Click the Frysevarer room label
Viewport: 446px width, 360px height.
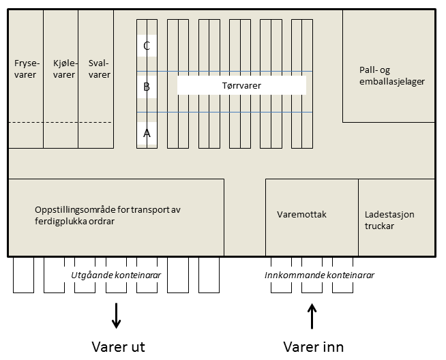tap(25, 69)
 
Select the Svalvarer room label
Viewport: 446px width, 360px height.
tap(99, 69)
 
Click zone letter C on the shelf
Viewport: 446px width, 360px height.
tap(147, 46)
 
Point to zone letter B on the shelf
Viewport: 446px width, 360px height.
tap(147, 87)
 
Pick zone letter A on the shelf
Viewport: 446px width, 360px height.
tap(147, 134)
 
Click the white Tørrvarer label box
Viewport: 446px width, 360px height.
tap(241, 85)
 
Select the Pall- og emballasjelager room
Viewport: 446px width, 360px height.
tap(391, 76)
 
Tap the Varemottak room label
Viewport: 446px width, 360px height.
tap(302, 215)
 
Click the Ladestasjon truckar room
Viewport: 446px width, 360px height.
tap(389, 220)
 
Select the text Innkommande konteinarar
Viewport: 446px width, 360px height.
tap(318, 275)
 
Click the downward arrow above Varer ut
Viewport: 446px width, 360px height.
tap(117, 315)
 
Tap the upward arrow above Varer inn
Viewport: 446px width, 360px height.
tap(313, 316)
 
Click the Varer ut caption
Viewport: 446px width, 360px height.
tap(118, 345)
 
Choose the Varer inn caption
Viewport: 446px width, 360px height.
tap(313, 345)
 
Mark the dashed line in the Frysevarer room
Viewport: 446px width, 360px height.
tap(25, 122)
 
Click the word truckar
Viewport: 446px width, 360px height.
tap(379, 226)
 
